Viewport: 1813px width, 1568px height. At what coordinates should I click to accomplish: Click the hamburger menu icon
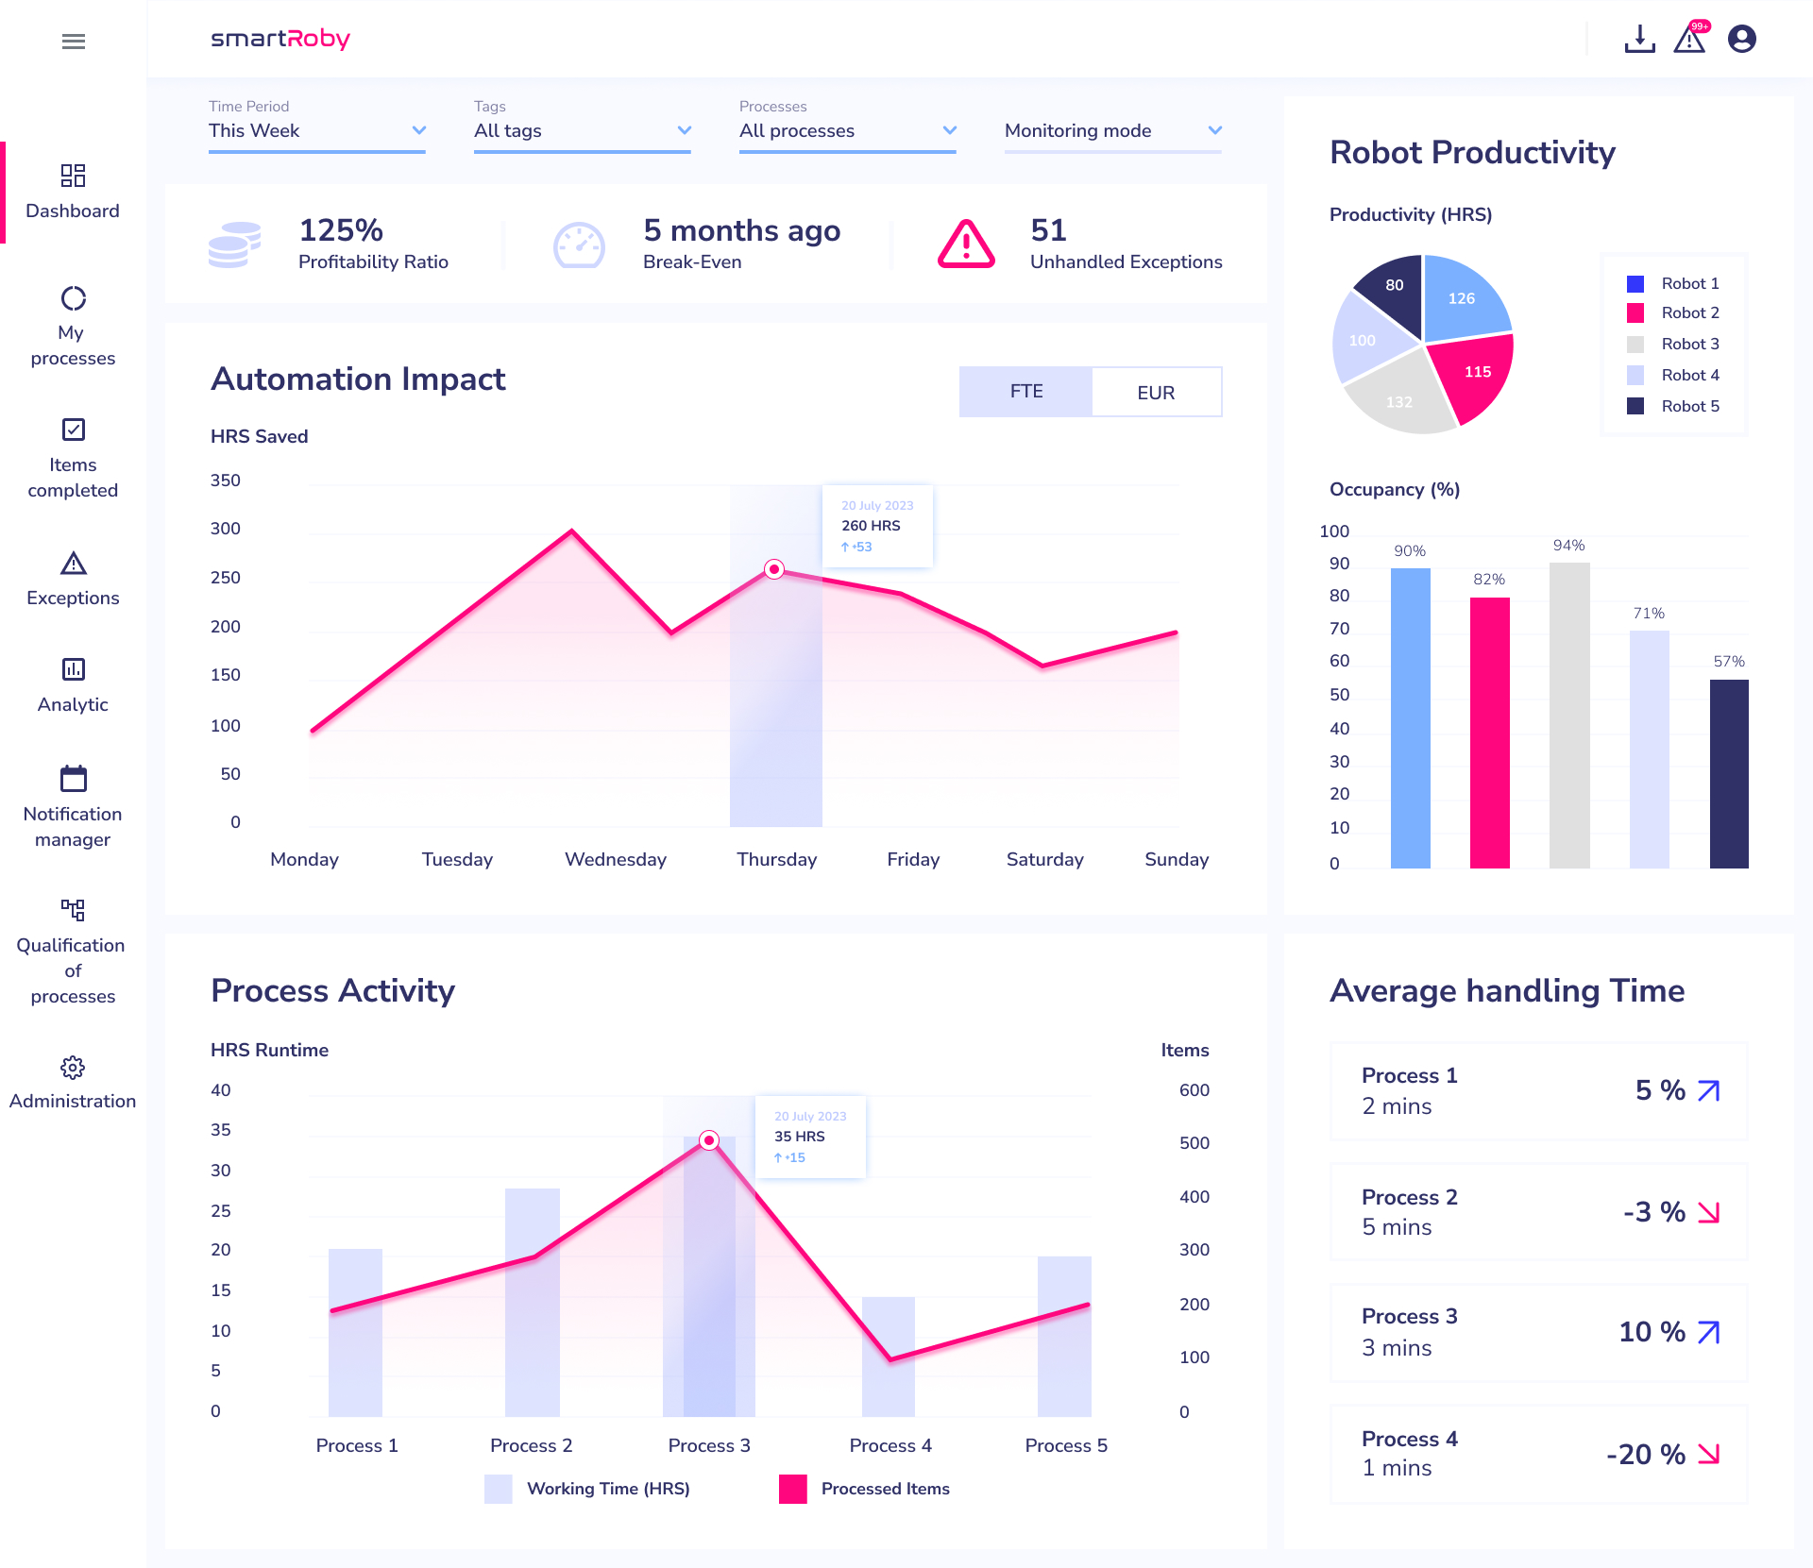73,41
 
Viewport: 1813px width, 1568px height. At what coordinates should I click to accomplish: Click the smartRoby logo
280,39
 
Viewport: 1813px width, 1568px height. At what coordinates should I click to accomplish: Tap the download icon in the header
1639,39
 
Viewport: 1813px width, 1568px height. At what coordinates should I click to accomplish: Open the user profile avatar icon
1741,39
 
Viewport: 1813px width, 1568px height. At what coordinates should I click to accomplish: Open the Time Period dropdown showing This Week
316,130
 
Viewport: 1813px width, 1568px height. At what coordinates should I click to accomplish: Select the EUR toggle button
1156,392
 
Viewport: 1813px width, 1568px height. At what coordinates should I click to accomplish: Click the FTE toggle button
1025,392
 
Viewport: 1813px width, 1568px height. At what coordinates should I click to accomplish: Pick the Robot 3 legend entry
1689,344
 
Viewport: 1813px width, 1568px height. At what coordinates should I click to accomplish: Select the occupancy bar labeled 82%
1489,732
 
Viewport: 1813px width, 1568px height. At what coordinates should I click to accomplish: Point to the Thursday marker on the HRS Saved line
774,569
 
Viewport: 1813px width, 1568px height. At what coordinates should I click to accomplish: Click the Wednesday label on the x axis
616,859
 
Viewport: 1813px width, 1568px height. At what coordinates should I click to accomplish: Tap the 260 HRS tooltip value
871,526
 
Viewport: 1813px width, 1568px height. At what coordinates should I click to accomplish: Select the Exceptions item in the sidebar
73,579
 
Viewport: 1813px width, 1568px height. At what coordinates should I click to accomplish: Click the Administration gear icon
73,1068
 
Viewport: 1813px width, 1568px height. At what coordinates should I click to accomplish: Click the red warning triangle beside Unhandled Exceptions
965,244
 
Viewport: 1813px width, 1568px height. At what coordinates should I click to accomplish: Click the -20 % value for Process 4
1645,1454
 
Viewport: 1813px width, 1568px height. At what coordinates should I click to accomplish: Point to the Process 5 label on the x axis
1066,1445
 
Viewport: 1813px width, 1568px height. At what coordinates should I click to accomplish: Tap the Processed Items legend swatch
792,1489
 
